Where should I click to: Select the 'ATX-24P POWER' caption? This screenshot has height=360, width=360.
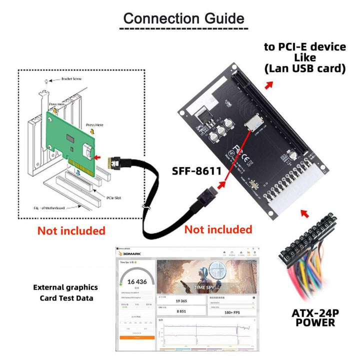pos(315,318)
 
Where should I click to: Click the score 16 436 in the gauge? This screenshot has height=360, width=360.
pos(134,282)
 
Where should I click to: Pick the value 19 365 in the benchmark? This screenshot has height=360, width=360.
pos(181,301)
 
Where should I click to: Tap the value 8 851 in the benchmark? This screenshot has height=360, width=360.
pos(181,311)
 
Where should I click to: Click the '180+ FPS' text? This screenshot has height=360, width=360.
pos(230,311)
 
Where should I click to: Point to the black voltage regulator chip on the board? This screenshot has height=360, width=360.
pos(205,118)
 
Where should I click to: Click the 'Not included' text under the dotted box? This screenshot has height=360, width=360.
pos(71,230)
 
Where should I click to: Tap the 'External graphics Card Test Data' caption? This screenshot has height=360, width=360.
pos(65,293)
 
